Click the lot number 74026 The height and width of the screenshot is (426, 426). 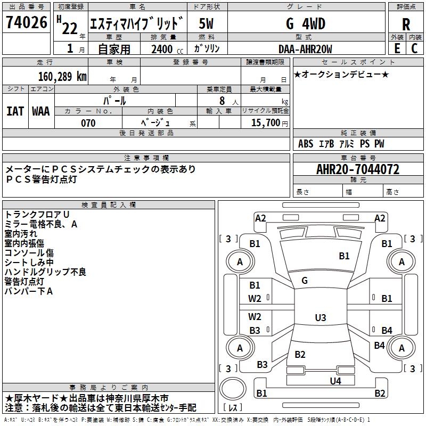[x=26, y=22]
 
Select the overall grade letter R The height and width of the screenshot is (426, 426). [x=406, y=24]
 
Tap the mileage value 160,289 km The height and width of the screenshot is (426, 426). [x=62, y=77]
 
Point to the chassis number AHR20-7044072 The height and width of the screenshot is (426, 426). [x=358, y=169]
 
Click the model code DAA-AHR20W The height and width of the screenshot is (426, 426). [x=305, y=49]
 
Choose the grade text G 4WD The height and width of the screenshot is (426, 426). [x=305, y=23]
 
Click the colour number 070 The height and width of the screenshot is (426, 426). [x=88, y=123]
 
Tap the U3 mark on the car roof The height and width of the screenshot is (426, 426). [x=321, y=317]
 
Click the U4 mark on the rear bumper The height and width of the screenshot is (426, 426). [x=335, y=381]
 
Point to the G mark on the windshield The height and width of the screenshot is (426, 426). [x=305, y=281]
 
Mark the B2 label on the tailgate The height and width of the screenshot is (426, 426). [x=300, y=354]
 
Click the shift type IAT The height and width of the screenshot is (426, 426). [x=15, y=111]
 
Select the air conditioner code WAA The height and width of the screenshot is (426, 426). [x=41, y=111]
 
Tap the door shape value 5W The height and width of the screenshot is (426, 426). [x=206, y=23]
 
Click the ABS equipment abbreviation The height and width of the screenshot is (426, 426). [x=306, y=144]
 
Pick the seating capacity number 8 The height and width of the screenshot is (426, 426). [x=222, y=101]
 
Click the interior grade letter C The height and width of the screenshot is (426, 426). [x=414, y=48]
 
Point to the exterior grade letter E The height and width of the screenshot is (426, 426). [x=397, y=48]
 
